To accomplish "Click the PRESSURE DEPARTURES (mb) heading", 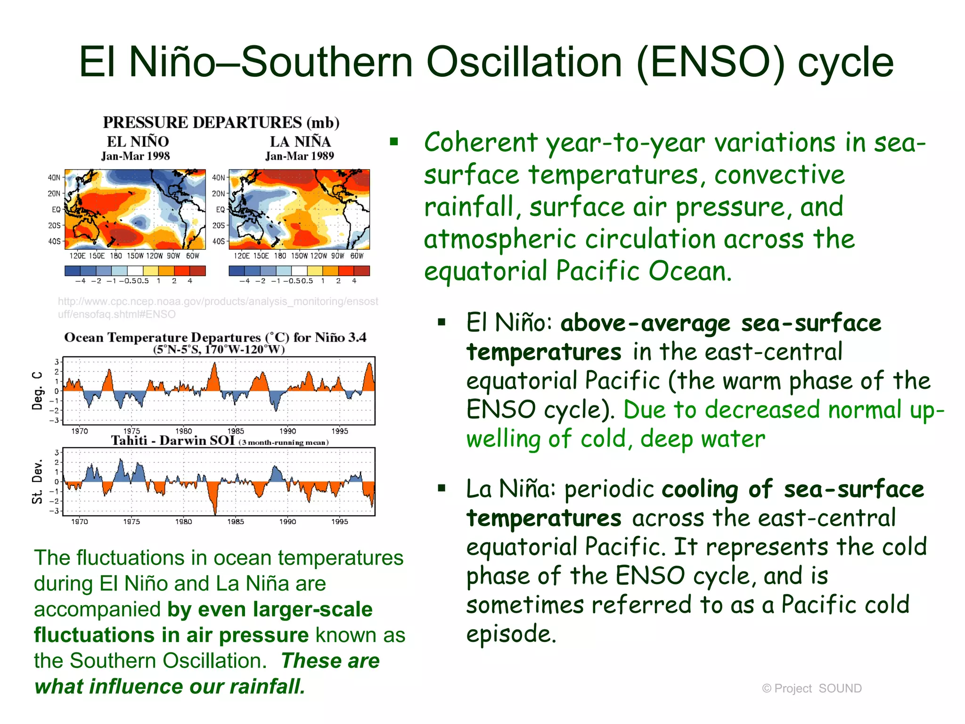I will pyautogui.click(x=221, y=123).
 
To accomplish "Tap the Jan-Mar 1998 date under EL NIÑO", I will pyautogui.click(x=135, y=156).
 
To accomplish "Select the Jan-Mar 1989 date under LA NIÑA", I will pyautogui.click(x=299, y=156).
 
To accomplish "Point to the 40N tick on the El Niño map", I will pyautogui.click(x=54, y=178).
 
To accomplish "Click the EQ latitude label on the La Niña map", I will pyautogui.click(x=220, y=209).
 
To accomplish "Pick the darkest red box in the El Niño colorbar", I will pyautogui.click(x=197, y=271).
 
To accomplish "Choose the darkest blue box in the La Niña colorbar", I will pyautogui.click(x=237, y=271).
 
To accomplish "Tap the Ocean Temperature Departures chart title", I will pyautogui.click(x=215, y=337).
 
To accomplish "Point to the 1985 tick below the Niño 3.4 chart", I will pyautogui.click(x=236, y=431).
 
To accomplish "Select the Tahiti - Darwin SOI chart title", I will pyautogui.click(x=172, y=441).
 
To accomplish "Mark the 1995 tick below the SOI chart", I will pyautogui.click(x=340, y=521).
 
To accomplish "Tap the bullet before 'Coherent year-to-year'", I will pyautogui.click(x=394, y=141).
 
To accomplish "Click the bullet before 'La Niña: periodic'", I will pyautogui.click(x=442, y=488).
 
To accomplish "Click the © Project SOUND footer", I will pyautogui.click(x=811, y=688).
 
